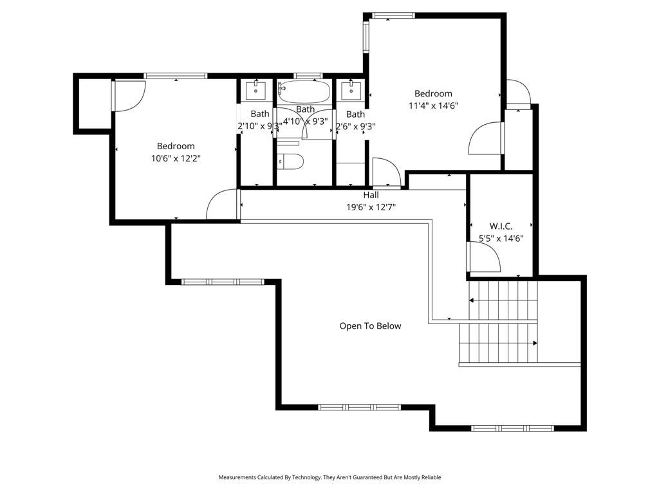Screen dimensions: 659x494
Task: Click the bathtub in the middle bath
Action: (304, 91)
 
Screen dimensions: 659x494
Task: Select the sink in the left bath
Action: (255, 90)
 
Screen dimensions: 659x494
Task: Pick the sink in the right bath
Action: (351, 90)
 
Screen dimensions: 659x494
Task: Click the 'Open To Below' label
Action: (370, 326)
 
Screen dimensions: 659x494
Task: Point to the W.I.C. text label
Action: (501, 226)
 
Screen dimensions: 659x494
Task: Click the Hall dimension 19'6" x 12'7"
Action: (371, 207)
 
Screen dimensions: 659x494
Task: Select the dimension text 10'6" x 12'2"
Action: (176, 158)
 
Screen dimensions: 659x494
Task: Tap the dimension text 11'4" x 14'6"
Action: (433, 105)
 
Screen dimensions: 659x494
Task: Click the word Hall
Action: (371, 195)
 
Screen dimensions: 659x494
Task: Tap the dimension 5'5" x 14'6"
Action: (501, 239)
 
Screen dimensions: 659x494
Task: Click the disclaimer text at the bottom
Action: (329, 477)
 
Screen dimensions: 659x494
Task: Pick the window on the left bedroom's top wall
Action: (175, 76)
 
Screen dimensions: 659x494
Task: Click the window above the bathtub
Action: (308, 76)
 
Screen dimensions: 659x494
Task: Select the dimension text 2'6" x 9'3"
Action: (355, 126)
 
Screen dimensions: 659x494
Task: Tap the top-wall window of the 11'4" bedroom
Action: (393, 16)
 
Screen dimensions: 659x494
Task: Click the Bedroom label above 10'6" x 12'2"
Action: (176, 146)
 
